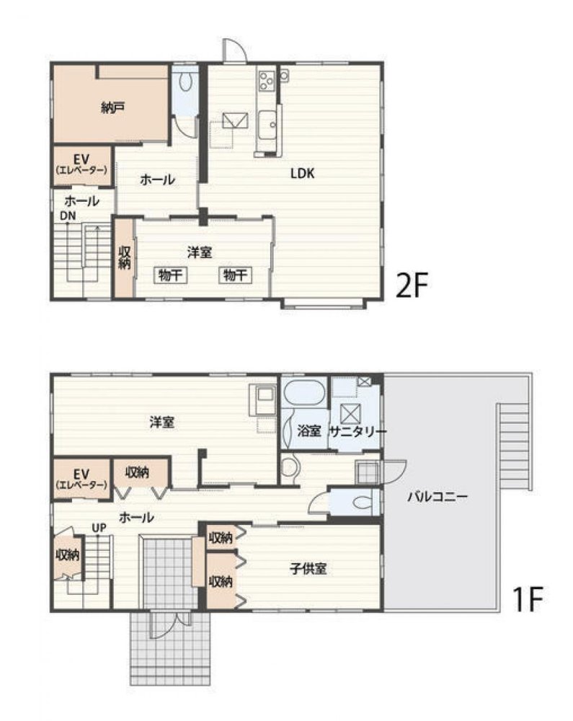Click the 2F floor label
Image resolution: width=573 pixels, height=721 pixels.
pyautogui.click(x=412, y=287)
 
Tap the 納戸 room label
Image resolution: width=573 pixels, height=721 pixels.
pyautogui.click(x=112, y=108)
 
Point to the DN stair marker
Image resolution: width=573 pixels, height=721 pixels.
pyautogui.click(x=68, y=215)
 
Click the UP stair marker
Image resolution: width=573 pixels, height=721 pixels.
pyautogui.click(x=99, y=528)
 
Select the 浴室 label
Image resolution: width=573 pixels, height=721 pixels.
pyautogui.click(x=308, y=430)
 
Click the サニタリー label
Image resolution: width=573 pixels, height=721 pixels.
pyautogui.click(x=357, y=430)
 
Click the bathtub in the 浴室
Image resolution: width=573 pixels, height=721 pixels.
pyautogui.click(x=303, y=396)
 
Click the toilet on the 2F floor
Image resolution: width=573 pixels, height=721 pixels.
pyautogui.click(x=186, y=81)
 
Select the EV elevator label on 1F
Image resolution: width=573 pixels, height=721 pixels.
pyautogui.click(x=81, y=477)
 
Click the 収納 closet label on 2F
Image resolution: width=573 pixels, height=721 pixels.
pyautogui.click(x=124, y=258)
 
